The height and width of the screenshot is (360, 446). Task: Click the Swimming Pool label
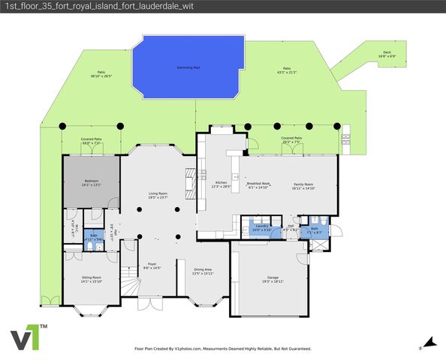(x=188, y=67)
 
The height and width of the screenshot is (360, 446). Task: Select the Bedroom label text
(x=92, y=183)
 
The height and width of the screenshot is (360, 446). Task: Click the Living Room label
(x=157, y=196)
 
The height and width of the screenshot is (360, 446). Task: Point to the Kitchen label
(x=221, y=184)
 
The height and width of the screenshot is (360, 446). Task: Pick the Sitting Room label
(x=92, y=279)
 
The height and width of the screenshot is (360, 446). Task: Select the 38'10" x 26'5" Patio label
(x=101, y=73)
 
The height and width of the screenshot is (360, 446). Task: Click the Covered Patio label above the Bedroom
(x=92, y=141)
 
